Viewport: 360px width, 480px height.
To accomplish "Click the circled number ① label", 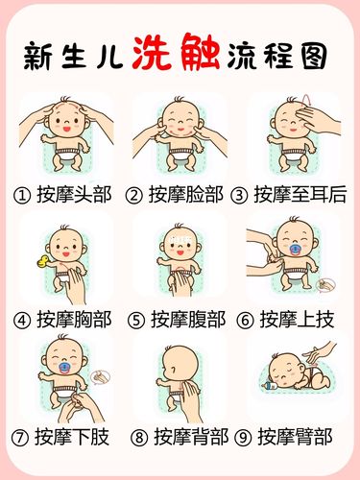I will [x=21, y=196].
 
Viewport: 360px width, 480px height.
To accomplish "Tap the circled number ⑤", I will [x=136, y=318].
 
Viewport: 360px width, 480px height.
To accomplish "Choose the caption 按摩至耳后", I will [x=302, y=196].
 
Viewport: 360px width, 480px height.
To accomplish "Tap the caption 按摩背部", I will [x=188, y=439].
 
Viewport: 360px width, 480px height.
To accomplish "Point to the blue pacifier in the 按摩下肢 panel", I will [x=55, y=371].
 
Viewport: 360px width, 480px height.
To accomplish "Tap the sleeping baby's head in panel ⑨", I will [x=285, y=370].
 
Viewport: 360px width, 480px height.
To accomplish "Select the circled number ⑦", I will [x=21, y=439].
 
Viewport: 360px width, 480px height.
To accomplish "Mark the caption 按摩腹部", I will [x=188, y=318].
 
